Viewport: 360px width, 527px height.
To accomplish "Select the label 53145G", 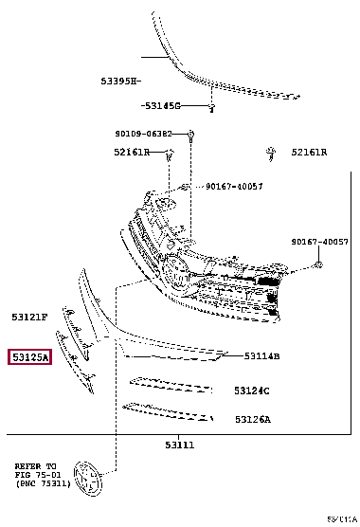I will (x=162, y=105).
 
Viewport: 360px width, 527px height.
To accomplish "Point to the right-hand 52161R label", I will (x=309, y=152).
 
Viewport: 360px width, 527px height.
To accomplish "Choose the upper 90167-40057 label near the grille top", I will (x=234, y=187).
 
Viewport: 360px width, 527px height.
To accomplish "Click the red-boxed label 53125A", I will (x=30, y=357).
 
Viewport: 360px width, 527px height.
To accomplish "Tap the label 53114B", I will (x=261, y=356).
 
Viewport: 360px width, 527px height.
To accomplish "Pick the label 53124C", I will (x=252, y=391).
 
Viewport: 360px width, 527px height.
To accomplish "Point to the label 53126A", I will (x=252, y=419).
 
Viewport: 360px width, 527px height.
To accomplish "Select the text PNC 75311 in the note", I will (x=45, y=484).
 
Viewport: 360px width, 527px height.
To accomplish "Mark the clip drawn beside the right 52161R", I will (x=271, y=150).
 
